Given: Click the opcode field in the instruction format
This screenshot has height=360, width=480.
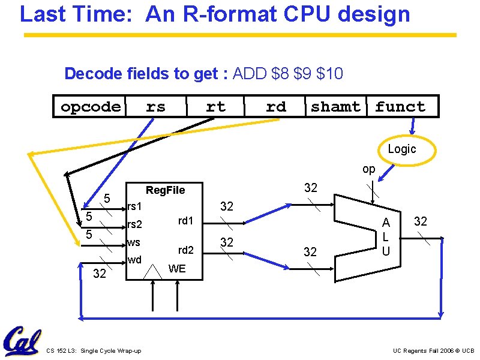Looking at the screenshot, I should [x=91, y=107].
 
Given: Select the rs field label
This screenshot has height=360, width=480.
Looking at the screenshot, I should [x=156, y=107].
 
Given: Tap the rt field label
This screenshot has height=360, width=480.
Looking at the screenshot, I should [x=215, y=107].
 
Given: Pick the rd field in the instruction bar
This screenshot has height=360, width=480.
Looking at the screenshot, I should [x=275, y=107].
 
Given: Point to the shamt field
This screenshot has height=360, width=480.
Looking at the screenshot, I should [x=336, y=107].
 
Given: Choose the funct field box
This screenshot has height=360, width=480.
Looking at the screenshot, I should [x=400, y=107].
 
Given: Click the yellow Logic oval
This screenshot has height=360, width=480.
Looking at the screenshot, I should [x=401, y=149].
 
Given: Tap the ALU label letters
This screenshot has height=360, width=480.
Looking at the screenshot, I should [x=386, y=237].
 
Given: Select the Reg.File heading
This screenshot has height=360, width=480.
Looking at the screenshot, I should [x=166, y=190].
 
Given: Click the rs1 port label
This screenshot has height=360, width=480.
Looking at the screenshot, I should [x=134, y=206].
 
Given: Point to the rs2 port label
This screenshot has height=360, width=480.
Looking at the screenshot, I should [x=134, y=225].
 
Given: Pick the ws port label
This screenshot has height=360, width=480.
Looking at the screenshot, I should [x=133, y=243].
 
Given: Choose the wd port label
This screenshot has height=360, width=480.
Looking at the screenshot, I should [x=134, y=260].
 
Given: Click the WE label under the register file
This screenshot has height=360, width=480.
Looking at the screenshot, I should [x=177, y=268].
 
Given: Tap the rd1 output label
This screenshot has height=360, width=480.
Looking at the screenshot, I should [x=185, y=221].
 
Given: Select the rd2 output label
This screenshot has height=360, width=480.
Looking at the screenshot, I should [x=185, y=250].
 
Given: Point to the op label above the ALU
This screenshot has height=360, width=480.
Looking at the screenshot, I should [x=368, y=169].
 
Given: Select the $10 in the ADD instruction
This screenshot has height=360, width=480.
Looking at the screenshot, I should [x=329, y=74].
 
